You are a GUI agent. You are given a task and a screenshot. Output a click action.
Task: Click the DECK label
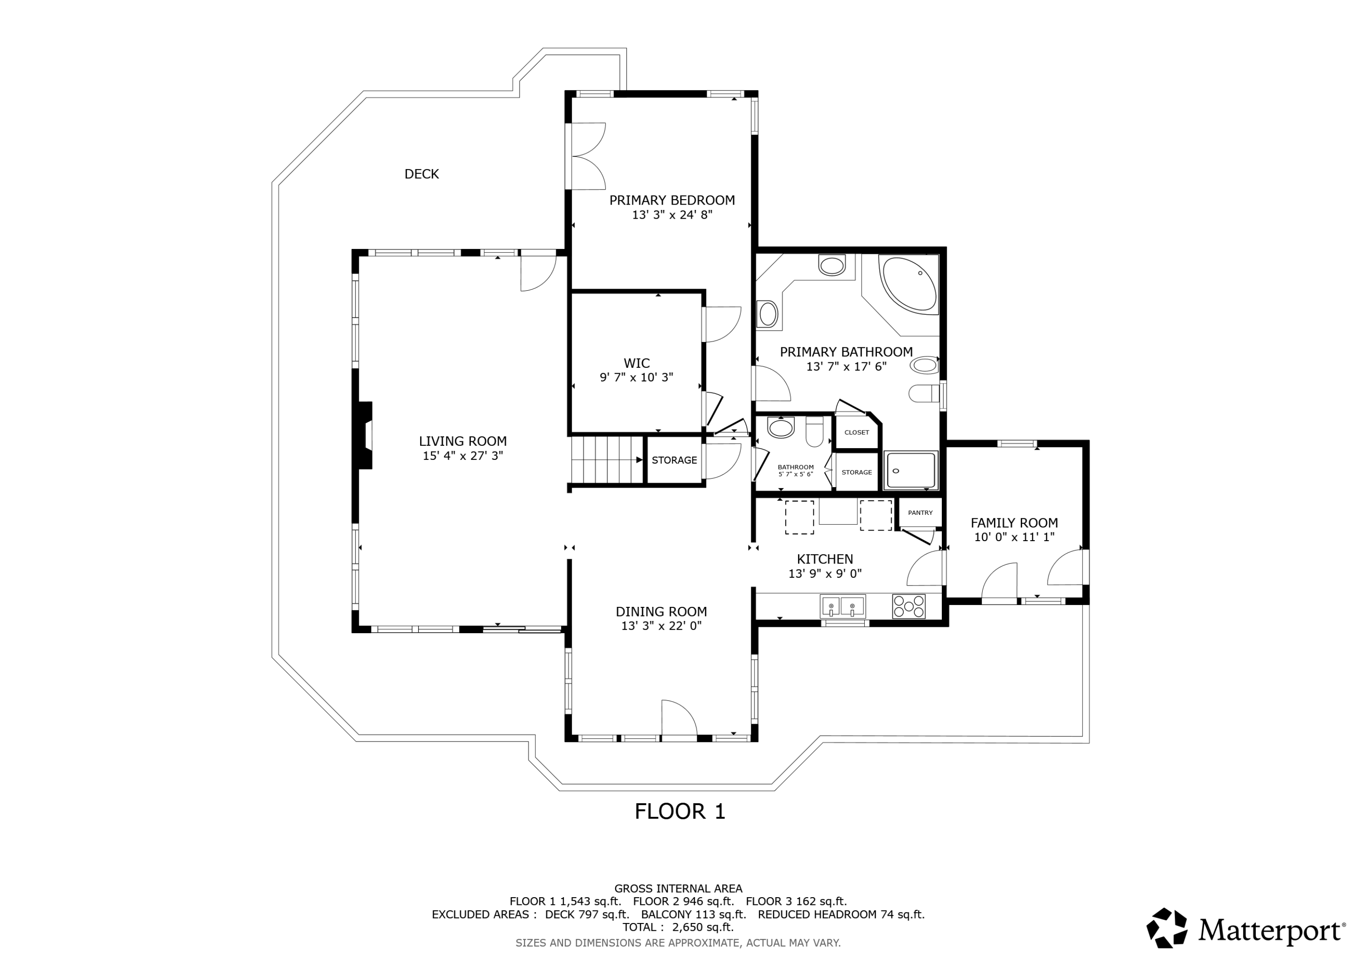click(421, 174)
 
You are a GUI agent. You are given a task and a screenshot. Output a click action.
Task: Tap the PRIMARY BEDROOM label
click(672, 200)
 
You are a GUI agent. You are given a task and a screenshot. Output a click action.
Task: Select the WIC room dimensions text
click(636, 377)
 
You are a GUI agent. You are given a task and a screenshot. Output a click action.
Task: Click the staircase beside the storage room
click(607, 460)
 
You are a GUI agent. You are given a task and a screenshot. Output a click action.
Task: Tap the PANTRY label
click(920, 513)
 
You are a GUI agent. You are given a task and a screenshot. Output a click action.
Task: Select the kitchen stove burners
click(909, 606)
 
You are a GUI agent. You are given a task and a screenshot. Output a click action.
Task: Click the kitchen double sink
click(843, 606)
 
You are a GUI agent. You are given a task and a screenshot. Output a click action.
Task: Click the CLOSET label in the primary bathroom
click(857, 433)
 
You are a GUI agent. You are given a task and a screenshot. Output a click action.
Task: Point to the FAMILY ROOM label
click(1014, 523)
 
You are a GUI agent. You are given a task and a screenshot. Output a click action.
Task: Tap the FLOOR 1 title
click(680, 811)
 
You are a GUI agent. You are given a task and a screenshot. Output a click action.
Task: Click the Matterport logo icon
click(1166, 928)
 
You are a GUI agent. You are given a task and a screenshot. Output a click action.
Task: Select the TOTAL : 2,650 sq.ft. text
click(678, 927)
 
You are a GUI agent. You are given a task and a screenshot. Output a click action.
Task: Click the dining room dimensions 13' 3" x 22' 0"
click(661, 626)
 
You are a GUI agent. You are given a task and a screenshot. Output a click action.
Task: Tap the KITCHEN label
click(825, 559)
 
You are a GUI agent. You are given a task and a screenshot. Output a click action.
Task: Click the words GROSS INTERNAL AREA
click(678, 889)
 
